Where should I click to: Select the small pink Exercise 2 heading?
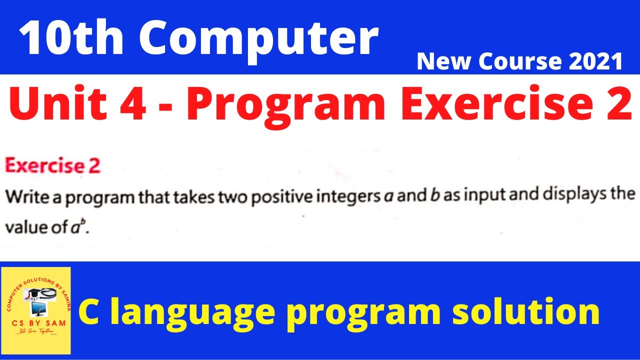tap(52, 166)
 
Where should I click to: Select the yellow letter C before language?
tap(88, 311)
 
